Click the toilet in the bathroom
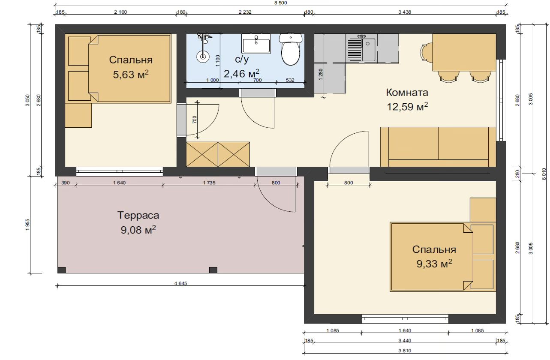point(291,49)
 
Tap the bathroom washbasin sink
point(256,44)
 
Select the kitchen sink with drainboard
point(362,48)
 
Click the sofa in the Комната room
point(438,147)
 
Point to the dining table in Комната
point(464,52)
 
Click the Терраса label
point(138,215)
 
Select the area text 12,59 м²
point(407,107)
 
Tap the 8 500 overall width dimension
point(280,3)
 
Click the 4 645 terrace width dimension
point(181,283)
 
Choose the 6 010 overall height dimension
point(544,174)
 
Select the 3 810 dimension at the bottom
point(405,351)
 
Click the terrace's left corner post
point(61,270)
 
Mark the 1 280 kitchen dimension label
point(320,74)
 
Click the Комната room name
point(407,93)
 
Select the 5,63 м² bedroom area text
point(131,74)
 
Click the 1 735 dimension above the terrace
point(209,183)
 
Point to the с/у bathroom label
point(242,60)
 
